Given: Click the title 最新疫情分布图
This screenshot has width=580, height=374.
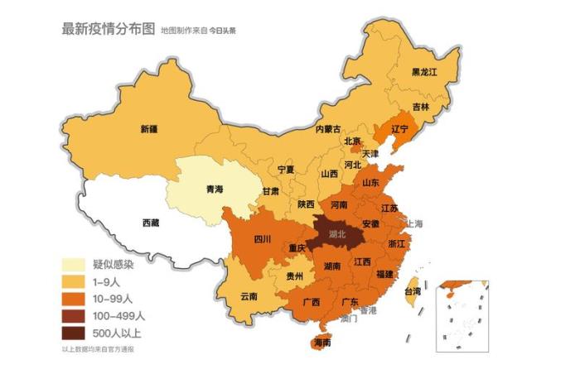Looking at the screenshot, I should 108,29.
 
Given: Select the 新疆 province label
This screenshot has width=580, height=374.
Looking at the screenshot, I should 149,129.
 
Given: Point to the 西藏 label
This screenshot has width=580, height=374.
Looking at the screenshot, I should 151,223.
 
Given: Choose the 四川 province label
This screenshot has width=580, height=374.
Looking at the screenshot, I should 262,239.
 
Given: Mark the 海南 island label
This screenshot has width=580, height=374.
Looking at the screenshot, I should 323,342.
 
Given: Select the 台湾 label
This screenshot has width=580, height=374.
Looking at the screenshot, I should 412,291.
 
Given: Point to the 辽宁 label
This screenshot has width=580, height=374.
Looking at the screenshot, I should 399,129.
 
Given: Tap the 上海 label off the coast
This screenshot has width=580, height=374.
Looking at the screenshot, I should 413,223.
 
